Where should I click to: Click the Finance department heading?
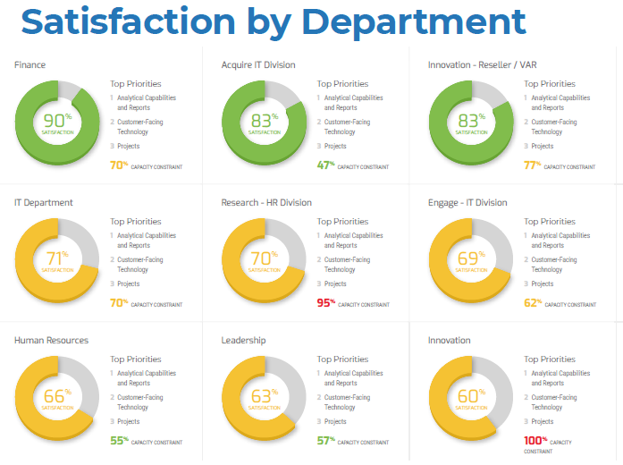click(x=29, y=65)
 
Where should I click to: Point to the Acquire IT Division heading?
click(x=258, y=65)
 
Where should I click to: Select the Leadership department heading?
click(x=243, y=341)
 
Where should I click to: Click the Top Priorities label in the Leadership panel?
click(x=342, y=359)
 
